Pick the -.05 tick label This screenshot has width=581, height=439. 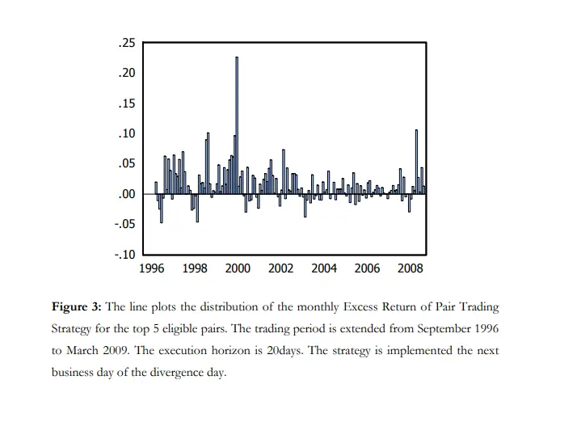124,224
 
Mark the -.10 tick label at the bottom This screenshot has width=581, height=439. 124,255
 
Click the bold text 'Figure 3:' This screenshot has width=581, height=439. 77,307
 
